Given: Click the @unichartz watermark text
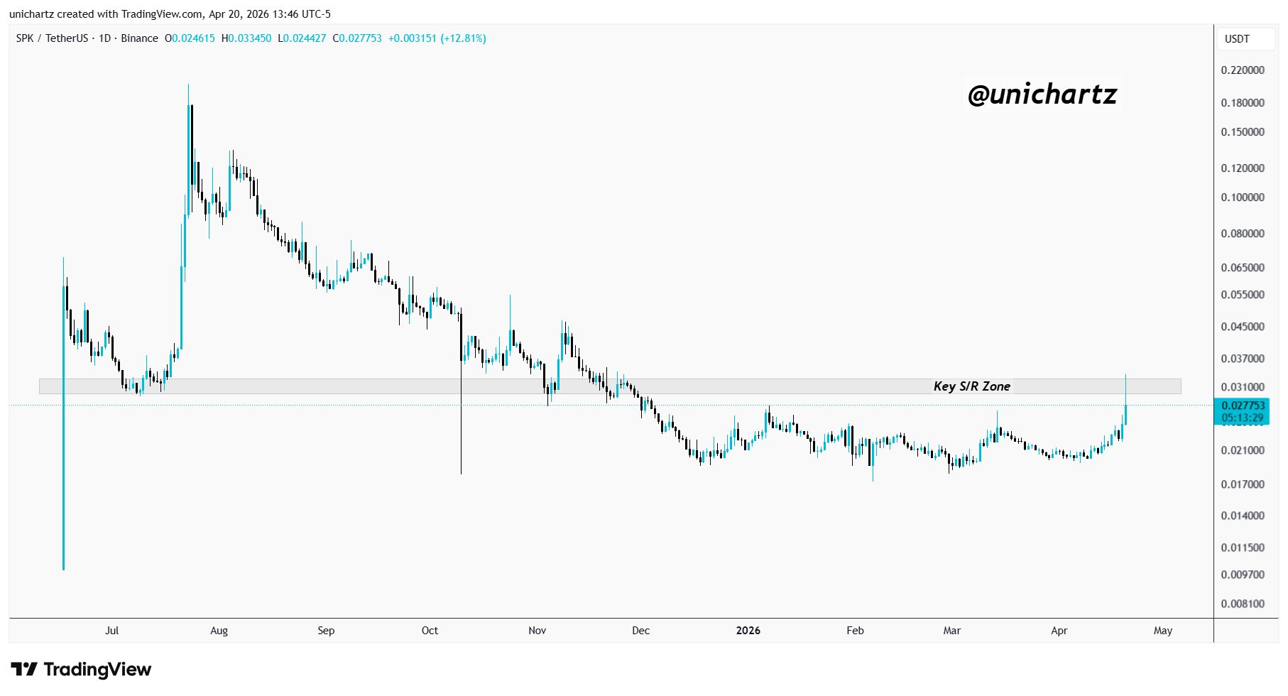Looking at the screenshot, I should click(x=1042, y=94).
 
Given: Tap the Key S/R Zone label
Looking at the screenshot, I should click(x=971, y=386).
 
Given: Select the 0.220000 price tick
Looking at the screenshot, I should click(x=1243, y=70).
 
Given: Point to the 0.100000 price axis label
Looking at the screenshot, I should click(x=1243, y=197).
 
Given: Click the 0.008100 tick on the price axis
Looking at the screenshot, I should click(x=1243, y=604).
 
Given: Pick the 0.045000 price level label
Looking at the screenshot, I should click(x=1243, y=327).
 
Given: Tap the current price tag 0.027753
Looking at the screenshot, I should click(x=1243, y=406).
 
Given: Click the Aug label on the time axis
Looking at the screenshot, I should click(x=219, y=631).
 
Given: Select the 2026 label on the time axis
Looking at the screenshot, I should click(x=748, y=631).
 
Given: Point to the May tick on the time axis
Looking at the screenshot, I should click(x=1162, y=631).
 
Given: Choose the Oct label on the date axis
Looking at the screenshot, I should click(x=430, y=631).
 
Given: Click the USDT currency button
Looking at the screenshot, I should click(x=1237, y=39).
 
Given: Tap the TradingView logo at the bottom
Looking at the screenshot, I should click(x=81, y=670).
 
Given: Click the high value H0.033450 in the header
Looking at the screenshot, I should click(x=246, y=38).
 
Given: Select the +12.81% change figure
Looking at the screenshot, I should click(x=463, y=38).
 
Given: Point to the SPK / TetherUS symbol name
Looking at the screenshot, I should click(x=52, y=38).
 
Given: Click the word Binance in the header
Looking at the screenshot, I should click(x=139, y=38).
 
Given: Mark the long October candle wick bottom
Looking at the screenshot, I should click(x=462, y=472).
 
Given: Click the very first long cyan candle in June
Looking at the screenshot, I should click(x=63, y=426).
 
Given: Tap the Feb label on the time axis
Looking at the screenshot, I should click(x=855, y=631).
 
